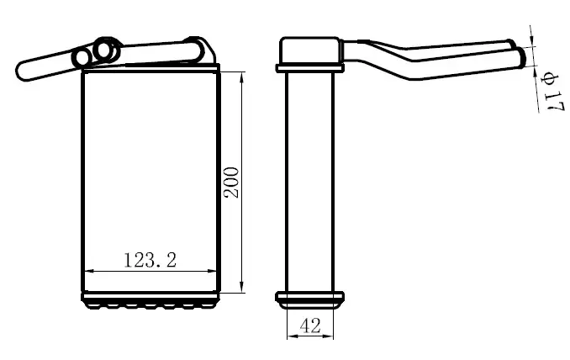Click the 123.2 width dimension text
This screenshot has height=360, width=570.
(150, 260)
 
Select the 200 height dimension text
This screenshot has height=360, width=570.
(231, 183)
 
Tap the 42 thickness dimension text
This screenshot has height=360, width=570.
(310, 326)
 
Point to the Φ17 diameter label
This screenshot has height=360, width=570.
(552, 92)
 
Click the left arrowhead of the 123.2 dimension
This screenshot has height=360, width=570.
(89, 271)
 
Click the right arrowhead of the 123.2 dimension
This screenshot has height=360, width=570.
(212, 271)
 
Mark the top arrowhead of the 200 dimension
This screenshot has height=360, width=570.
(242, 77)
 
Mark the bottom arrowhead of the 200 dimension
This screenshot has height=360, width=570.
(242, 288)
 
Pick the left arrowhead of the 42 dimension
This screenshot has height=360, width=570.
(293, 336)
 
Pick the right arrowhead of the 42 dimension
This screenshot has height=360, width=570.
(328, 336)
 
